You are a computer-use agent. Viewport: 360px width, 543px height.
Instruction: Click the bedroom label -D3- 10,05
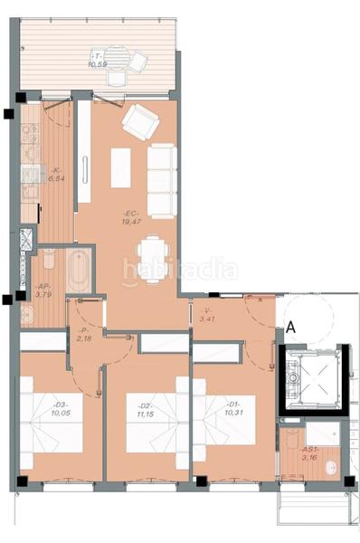pos(61,408)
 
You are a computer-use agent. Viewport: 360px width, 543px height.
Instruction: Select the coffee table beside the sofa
pos(120,167)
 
